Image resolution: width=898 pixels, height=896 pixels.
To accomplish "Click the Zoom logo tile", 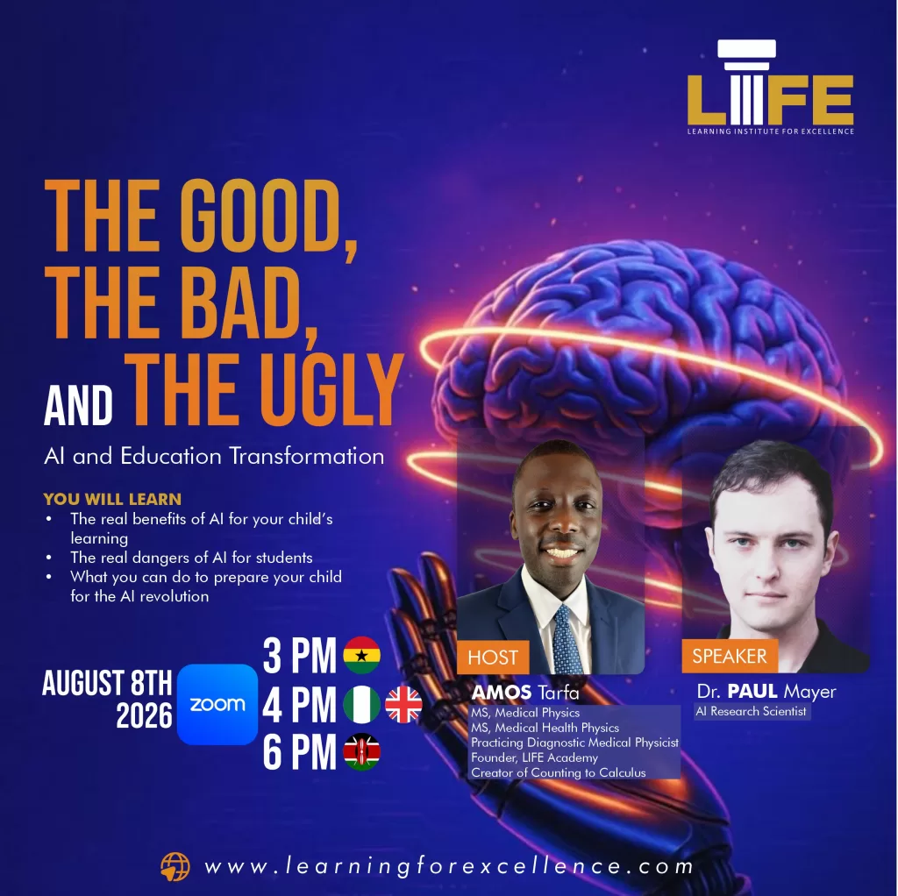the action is [217, 704].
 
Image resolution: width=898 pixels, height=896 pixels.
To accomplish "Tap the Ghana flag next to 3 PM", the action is [361, 655].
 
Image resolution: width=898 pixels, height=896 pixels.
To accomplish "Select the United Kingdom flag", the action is [403, 704].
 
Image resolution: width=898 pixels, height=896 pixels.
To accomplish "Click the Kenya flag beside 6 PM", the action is [361, 751].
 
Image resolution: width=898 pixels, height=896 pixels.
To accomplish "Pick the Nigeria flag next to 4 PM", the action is [361, 704].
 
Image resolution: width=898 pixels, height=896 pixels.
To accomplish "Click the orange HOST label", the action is [493, 658].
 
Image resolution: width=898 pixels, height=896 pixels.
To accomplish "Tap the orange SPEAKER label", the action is [729, 656].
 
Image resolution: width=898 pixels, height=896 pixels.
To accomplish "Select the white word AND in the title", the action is [78, 405].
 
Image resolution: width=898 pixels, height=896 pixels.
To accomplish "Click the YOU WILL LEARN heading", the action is [112, 499].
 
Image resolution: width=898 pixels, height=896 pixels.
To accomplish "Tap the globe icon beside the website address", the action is [175, 867].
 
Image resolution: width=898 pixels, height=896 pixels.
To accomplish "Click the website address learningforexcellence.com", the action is [450, 866].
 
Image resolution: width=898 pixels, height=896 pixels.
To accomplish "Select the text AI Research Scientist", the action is [751, 711].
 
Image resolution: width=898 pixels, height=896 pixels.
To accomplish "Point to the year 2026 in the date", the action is [144, 715].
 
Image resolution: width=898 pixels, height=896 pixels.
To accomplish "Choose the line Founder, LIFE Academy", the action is [534, 757].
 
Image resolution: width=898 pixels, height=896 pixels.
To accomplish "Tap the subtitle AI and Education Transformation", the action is [214, 456].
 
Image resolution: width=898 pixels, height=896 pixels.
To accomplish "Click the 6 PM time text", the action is [300, 752].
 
